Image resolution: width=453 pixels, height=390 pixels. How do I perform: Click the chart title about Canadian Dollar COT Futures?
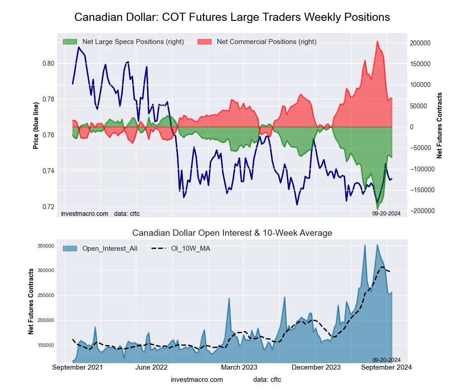pos(232,17)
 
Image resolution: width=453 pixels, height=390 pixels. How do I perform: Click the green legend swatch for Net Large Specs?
pos(70,42)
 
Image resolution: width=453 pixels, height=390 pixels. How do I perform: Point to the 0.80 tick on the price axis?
pos(48,63)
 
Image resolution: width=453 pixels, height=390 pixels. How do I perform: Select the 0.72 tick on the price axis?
pos(48,207)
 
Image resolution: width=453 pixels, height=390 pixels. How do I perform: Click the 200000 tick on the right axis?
pos(420,43)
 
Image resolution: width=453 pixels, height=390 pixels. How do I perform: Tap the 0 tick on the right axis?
pos(412,127)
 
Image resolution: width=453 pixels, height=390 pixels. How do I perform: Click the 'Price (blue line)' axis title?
pos(36,126)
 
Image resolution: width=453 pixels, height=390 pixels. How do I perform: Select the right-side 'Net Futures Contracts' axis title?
pos(439,125)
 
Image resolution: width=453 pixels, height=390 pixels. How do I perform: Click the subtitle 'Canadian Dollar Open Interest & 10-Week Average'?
pos(232,233)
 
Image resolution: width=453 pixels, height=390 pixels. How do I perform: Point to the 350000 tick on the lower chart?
pos(45,246)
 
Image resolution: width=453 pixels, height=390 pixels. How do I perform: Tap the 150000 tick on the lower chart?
pos(45,345)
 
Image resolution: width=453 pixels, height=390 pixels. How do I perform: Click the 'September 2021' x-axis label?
pos(77,367)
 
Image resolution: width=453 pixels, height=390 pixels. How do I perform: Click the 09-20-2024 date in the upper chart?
pos(386,213)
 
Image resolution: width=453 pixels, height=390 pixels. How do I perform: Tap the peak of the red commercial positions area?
pos(377,41)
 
